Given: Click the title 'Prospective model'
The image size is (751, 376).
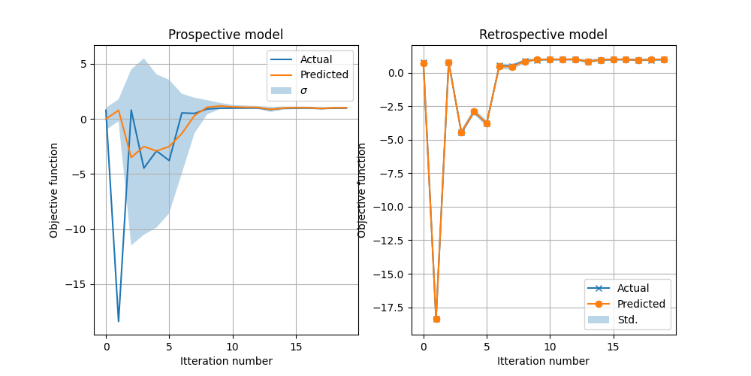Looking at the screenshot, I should tap(226, 35).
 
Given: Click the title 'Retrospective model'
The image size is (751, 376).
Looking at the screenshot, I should tap(543, 35).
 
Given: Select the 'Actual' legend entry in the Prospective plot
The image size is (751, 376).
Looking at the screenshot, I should tap(315, 59).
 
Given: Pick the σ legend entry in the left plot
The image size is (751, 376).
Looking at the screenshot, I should tap(304, 90).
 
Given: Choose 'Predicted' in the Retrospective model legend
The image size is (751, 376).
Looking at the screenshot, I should tap(641, 304).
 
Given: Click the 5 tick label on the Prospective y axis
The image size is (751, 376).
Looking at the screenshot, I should tap(85, 64).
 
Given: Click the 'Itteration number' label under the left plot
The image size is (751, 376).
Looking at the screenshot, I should tap(226, 361).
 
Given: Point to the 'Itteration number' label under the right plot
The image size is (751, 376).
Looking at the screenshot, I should tap(543, 361).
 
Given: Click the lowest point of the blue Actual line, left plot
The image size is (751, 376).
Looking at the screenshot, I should tap(119, 321).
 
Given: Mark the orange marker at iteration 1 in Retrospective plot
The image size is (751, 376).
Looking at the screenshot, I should tap(436, 319).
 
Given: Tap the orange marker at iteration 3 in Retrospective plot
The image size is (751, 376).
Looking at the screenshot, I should tap(461, 132).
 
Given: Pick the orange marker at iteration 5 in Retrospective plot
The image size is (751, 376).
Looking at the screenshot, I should tap(487, 123).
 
